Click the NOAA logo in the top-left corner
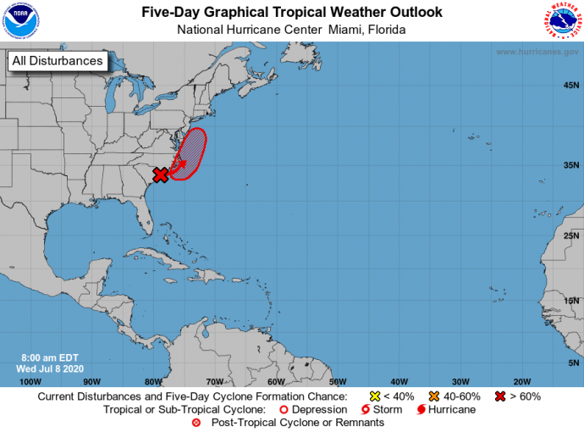click(21, 20)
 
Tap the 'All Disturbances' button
click(58, 61)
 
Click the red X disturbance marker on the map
click(160, 175)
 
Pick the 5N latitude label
click(574, 363)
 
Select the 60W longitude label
click(276, 381)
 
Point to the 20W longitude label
click(522, 381)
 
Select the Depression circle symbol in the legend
click(283, 409)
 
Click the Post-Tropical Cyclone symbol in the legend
click(196, 423)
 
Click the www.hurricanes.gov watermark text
click(537, 52)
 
